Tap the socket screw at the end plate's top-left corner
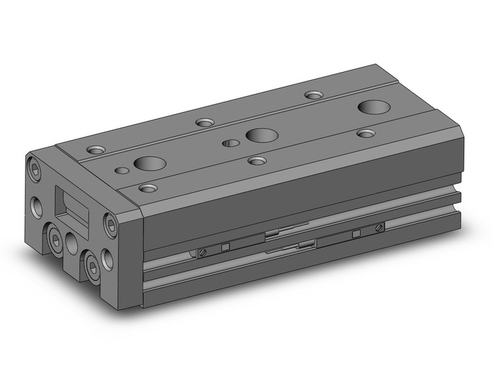point(35,170)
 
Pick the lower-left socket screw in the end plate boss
point(53,234)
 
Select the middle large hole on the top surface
point(259,135)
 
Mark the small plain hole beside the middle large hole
point(227,143)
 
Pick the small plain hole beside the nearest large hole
point(121,171)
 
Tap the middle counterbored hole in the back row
point(205,122)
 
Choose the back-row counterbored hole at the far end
point(314,95)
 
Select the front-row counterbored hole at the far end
point(366,133)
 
